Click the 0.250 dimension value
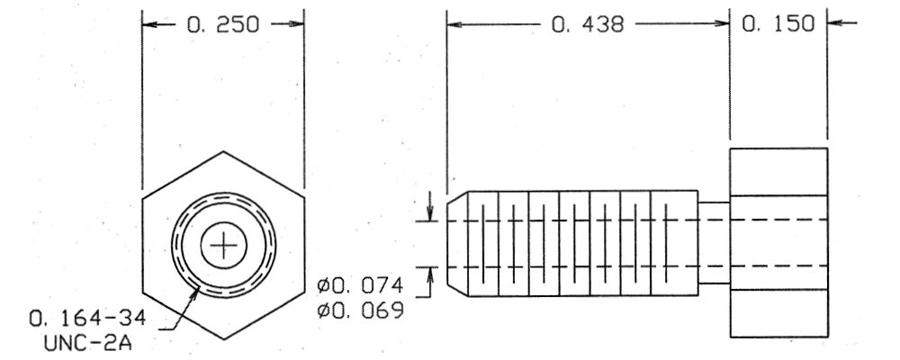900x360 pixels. pyautogui.click(x=223, y=24)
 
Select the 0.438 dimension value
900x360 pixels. pyautogui.click(x=587, y=24)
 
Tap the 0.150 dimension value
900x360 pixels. pyautogui.click(x=778, y=24)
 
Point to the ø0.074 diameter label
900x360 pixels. pyautogui.click(x=361, y=285)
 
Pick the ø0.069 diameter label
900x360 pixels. pyautogui.click(x=361, y=310)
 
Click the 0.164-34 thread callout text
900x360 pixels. pyautogui.click(x=88, y=319)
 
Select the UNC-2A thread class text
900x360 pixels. pyautogui.click(x=88, y=343)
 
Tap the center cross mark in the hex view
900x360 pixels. pyautogui.click(x=223, y=246)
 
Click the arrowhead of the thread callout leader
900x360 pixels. pyautogui.click(x=196, y=291)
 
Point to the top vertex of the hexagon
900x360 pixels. pyautogui.click(x=223, y=151)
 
